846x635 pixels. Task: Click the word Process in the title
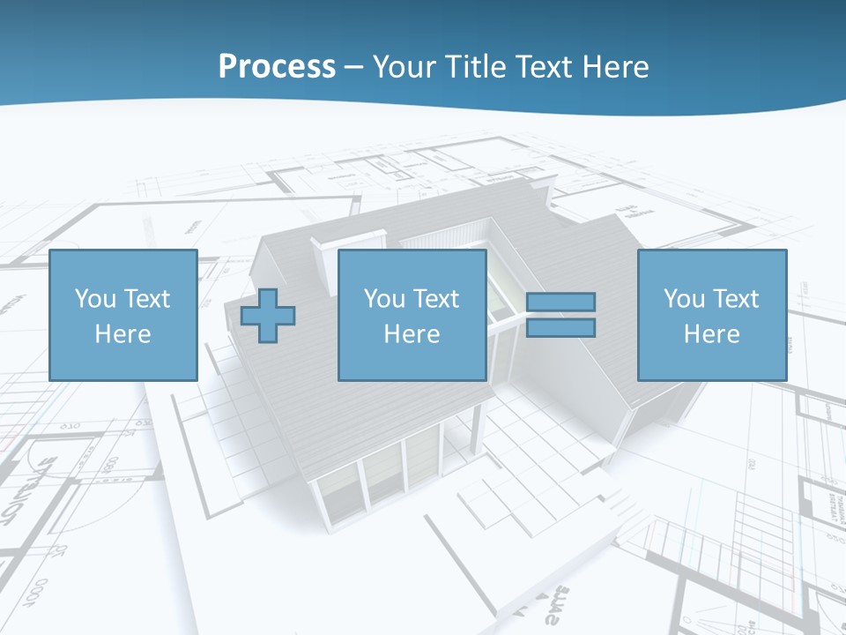click(x=277, y=66)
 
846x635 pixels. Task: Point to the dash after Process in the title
click(x=353, y=67)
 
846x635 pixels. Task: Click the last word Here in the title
click(x=616, y=66)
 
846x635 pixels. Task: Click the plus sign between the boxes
click(x=268, y=315)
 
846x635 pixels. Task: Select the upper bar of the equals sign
click(x=561, y=302)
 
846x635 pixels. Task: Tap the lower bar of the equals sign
click(x=561, y=328)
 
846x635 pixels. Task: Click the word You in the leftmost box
click(x=93, y=299)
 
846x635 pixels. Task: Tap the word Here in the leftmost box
click(x=123, y=334)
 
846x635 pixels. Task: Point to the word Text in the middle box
click(x=437, y=299)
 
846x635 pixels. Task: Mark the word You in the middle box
click(x=383, y=299)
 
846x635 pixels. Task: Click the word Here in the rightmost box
click(x=712, y=334)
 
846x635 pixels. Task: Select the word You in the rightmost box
click(x=683, y=299)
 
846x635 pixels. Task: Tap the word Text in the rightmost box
click(x=737, y=299)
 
